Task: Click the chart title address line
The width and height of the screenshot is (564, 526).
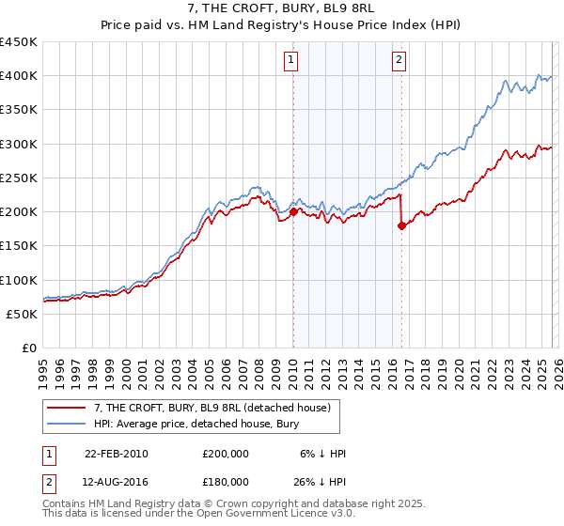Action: point(282,8)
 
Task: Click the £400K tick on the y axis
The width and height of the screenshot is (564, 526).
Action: point(19,75)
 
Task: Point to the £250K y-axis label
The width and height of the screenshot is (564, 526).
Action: point(19,178)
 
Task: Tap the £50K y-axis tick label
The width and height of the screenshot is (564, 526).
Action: point(23,314)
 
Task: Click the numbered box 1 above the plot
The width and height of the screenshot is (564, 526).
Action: point(290,60)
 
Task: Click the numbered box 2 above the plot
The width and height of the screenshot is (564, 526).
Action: point(399,60)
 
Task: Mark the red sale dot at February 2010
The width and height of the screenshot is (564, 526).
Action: point(293,212)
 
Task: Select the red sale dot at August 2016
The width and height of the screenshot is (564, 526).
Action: point(401,225)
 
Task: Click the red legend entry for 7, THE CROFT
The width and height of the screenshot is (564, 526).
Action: point(211,409)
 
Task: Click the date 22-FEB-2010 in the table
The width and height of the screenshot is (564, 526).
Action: point(116,454)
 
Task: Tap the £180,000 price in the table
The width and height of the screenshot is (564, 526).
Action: point(225,481)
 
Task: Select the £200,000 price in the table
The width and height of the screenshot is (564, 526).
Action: point(225,454)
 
